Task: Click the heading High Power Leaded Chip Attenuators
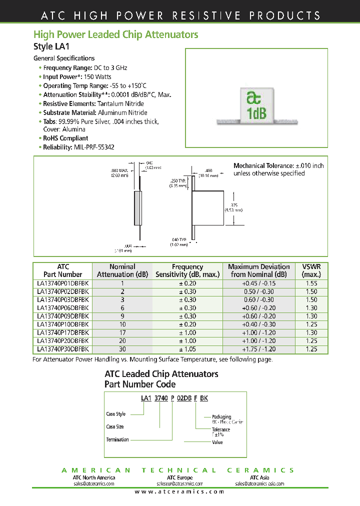115,34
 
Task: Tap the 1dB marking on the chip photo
256,113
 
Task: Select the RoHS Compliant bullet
65,138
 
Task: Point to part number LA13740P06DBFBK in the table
63,308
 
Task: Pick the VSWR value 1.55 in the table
311,283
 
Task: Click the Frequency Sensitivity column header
187,270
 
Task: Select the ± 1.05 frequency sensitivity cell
187,349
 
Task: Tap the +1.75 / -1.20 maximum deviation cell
258,349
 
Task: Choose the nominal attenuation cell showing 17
122,332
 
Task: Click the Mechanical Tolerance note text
278,169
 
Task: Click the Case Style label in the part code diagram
116,414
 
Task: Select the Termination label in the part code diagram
117,439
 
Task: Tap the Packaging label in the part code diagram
221,416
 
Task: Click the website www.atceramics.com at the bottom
179,491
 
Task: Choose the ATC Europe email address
179,483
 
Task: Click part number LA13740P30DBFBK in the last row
63,349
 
